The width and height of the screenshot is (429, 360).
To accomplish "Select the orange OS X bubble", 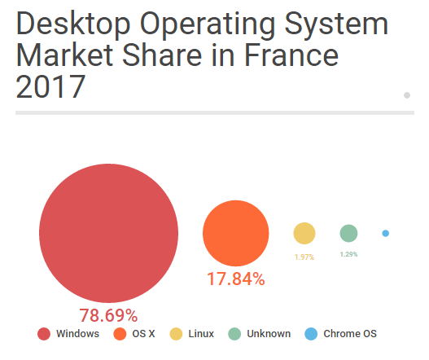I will (235, 233).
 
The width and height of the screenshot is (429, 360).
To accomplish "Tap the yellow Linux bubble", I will (304, 234).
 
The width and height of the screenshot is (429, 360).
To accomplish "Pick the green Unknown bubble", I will (348, 234).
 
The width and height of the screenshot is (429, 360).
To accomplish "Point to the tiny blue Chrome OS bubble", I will (385, 234).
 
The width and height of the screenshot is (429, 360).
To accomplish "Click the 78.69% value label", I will (108, 315).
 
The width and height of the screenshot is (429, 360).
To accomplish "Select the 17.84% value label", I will (235, 279).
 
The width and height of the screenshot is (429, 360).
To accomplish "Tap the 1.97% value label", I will (304, 257).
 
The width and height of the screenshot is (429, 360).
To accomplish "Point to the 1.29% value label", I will (348, 254).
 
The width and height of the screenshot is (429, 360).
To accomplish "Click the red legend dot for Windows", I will (44, 334).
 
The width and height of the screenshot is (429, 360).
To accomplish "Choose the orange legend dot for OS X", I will (119, 334).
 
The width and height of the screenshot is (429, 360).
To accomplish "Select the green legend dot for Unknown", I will (234, 334).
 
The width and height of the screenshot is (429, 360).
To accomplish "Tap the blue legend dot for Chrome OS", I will (310, 334).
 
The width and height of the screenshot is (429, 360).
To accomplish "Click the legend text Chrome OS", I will (350, 334).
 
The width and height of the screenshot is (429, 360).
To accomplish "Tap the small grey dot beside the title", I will (406, 95).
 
